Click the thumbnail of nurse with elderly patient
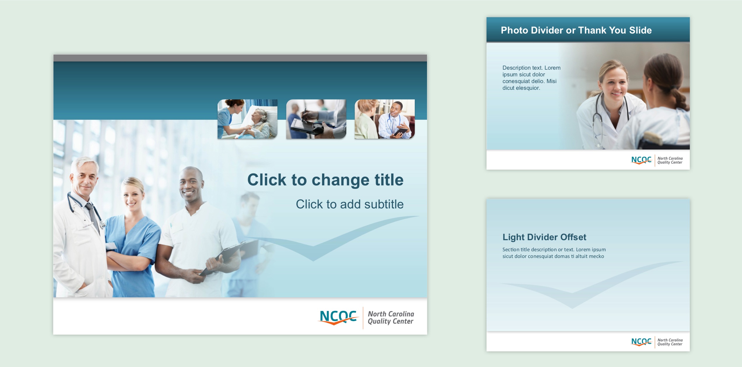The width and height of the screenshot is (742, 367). coord(247,119)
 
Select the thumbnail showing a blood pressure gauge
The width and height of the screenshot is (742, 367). coord(316,119)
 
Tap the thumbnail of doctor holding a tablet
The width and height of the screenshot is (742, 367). coord(385,119)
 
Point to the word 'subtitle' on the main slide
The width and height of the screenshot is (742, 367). coord(384,204)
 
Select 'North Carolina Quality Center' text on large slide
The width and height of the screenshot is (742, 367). coord(391,317)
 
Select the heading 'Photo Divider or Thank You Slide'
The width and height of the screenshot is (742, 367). coord(576,30)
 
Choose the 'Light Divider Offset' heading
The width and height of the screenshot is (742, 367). coord(544,237)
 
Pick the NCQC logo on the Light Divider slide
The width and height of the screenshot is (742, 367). coord(641,342)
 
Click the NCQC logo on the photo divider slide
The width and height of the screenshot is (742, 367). coord(641,160)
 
